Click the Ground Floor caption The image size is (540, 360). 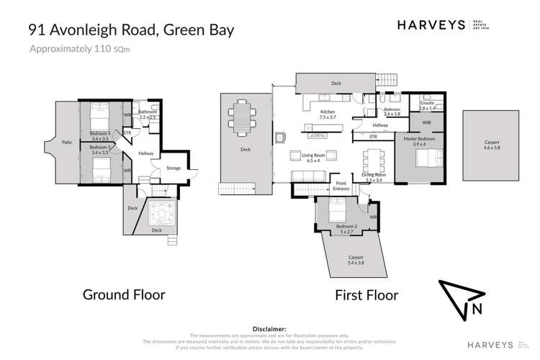point(124,294)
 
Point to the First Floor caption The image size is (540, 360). point(366,294)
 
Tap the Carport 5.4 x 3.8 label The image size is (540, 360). point(356,259)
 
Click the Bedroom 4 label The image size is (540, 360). point(100,135)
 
